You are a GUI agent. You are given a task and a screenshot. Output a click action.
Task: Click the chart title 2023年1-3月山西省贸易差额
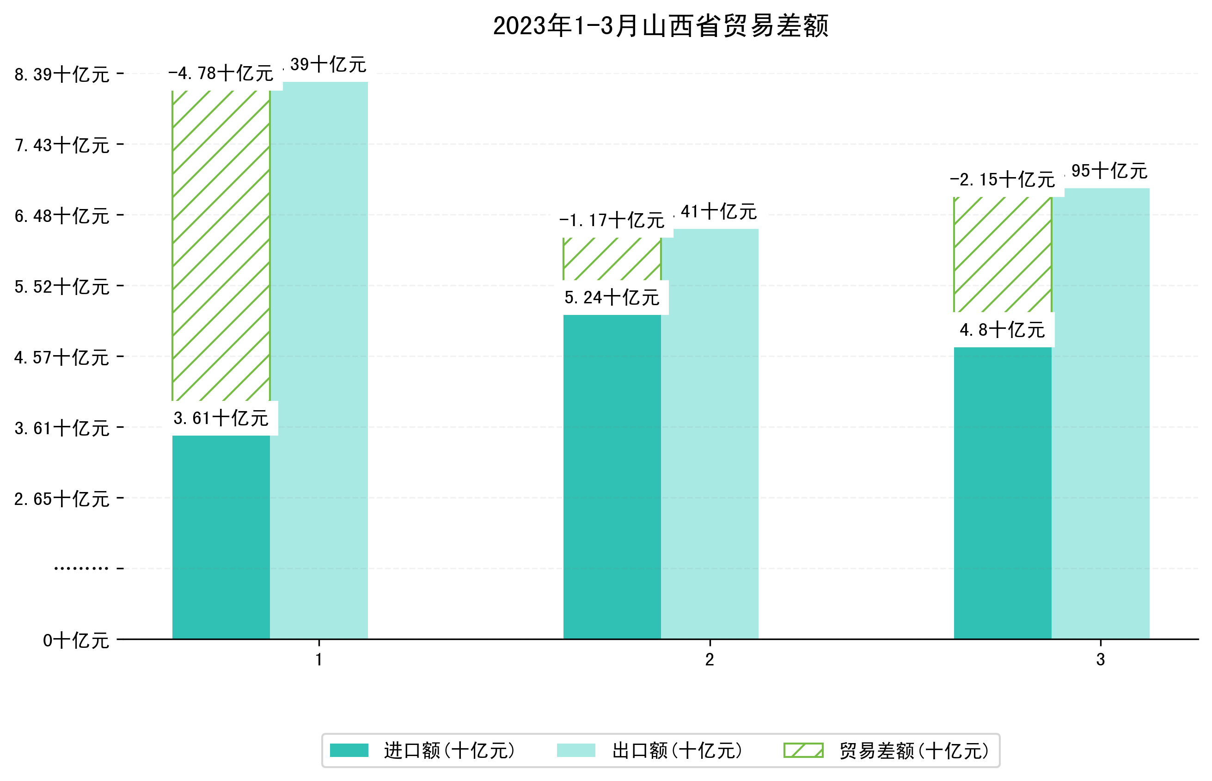coord(660,26)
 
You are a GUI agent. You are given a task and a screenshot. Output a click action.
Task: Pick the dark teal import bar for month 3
coord(1002,492)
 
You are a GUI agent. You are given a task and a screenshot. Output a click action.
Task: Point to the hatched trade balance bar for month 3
coord(1002,254)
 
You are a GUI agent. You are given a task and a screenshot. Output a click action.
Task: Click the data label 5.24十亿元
coord(612,298)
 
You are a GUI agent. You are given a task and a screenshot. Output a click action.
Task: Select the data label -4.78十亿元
coord(221,74)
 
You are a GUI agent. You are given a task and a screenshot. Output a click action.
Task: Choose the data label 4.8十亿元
coord(1002,330)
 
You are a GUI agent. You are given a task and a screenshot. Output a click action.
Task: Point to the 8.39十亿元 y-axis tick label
coord(62,74)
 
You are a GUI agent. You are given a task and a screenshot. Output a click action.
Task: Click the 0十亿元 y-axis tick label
coord(76,640)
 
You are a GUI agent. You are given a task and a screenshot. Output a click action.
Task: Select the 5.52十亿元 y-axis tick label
coord(62,287)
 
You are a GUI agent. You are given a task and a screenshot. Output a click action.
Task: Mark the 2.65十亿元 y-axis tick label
coord(62,499)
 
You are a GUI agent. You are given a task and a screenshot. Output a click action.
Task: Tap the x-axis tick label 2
coord(710,660)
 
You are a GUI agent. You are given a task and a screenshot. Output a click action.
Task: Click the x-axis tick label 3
coord(1101,660)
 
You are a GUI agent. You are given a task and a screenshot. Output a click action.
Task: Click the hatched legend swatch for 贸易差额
coord(803,750)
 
